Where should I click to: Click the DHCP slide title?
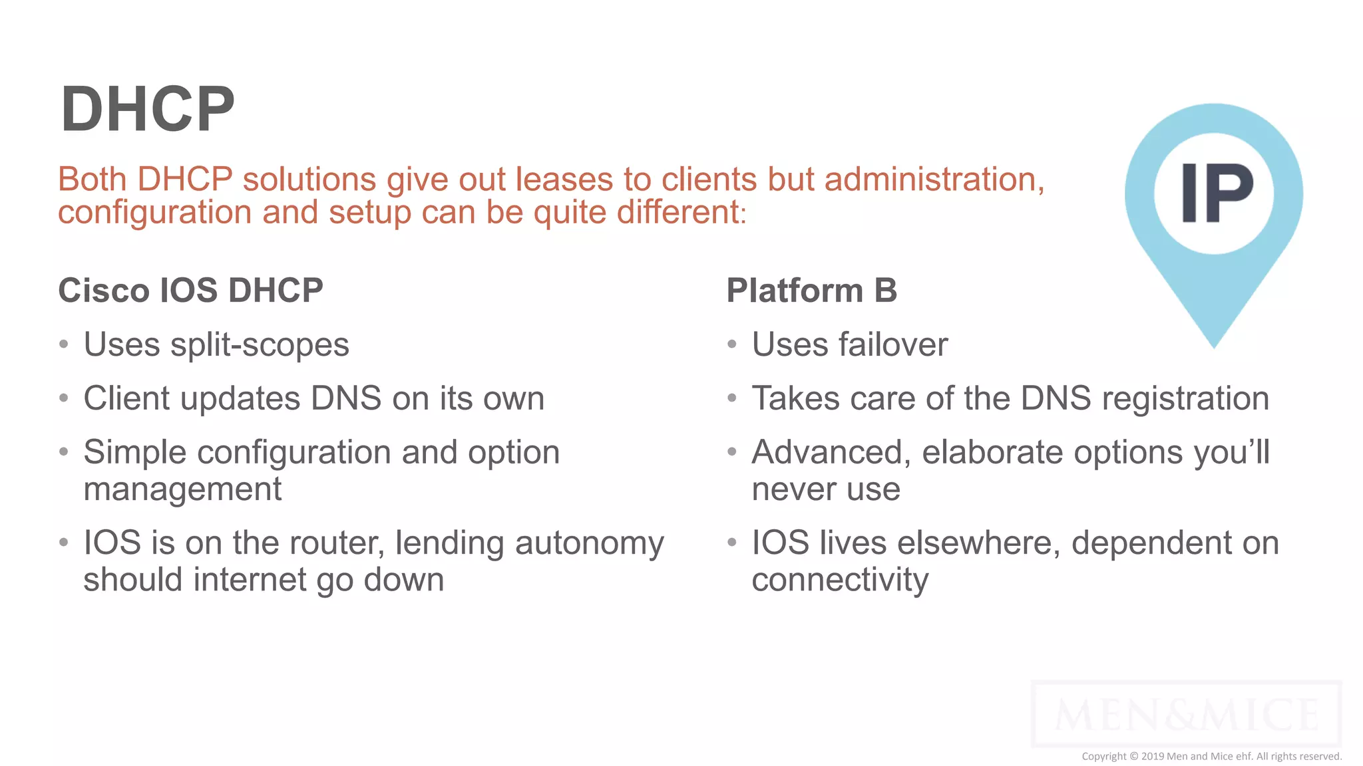147,109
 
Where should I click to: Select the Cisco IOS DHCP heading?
190,291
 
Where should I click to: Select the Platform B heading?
811,291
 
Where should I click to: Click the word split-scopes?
260,345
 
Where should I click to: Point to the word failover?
892,345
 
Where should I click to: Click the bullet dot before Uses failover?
732,344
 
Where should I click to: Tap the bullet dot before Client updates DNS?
64,398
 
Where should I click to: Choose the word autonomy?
589,543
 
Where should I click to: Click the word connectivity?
839,580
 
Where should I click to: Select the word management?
182,490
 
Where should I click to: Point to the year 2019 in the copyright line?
1152,756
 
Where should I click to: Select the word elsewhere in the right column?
978,543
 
